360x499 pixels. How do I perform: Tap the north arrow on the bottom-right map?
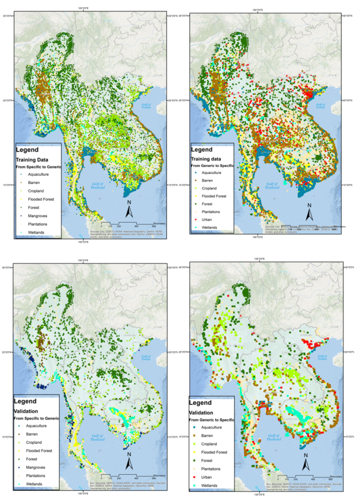click(x=306, y=460)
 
